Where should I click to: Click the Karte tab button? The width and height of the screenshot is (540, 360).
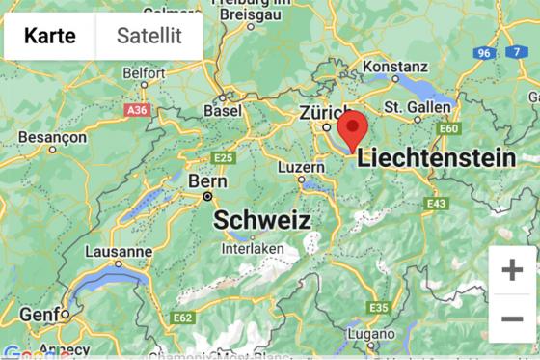(50, 37)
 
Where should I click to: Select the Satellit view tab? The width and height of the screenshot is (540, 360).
(149, 37)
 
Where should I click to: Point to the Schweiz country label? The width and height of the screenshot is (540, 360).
(261, 220)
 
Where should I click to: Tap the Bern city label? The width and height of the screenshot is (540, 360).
(207, 180)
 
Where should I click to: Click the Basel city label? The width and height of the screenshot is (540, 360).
(223, 111)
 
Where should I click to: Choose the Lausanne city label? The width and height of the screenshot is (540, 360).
(119, 252)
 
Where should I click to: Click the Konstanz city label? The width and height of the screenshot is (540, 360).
(391, 67)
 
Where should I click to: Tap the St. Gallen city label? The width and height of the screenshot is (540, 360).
(418, 106)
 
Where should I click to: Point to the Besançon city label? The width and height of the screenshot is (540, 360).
(52, 138)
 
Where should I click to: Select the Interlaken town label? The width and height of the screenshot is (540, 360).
(253, 248)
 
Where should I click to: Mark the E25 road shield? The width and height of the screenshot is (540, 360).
(224, 157)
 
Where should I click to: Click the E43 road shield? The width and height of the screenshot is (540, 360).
(437, 204)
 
